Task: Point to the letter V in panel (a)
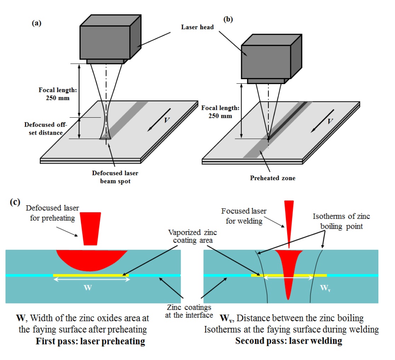167,120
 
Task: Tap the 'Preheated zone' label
272,178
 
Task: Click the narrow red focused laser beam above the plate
289,223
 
